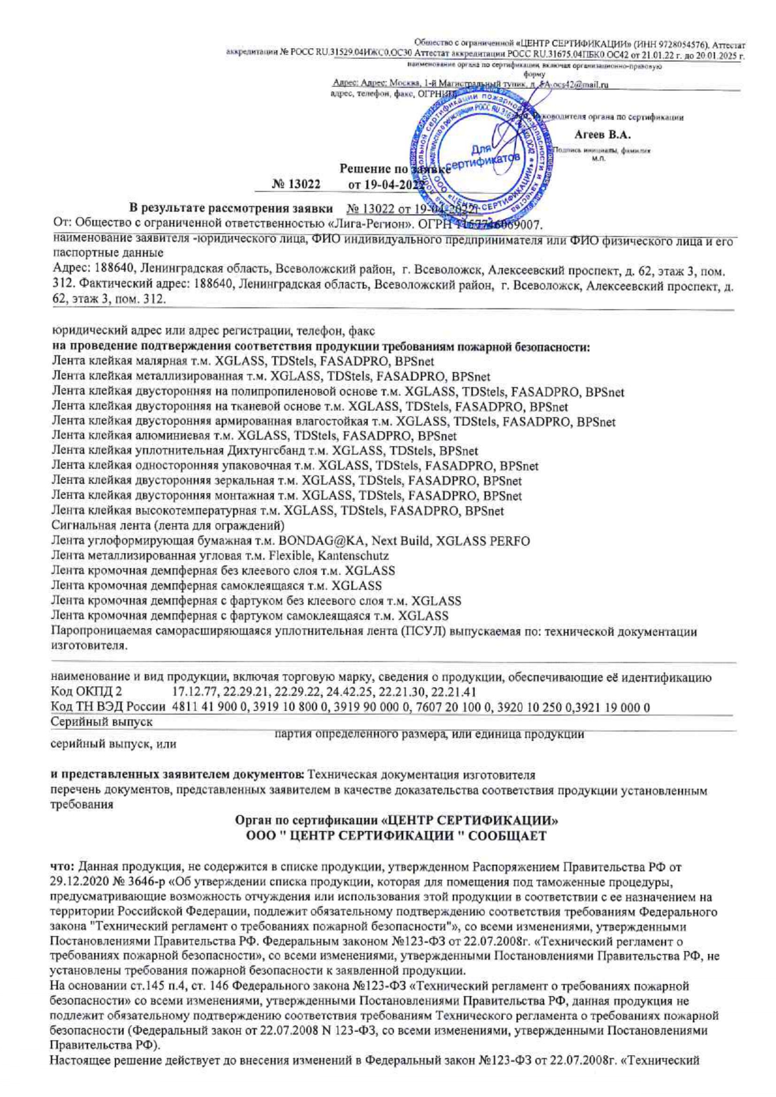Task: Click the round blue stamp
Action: pos(481,154)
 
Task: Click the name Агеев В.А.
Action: pos(602,134)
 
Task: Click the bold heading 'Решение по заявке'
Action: pos(394,168)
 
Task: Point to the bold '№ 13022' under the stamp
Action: pos(296,185)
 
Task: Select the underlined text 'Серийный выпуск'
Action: pos(101,722)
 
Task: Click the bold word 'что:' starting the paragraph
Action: pos(63,867)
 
